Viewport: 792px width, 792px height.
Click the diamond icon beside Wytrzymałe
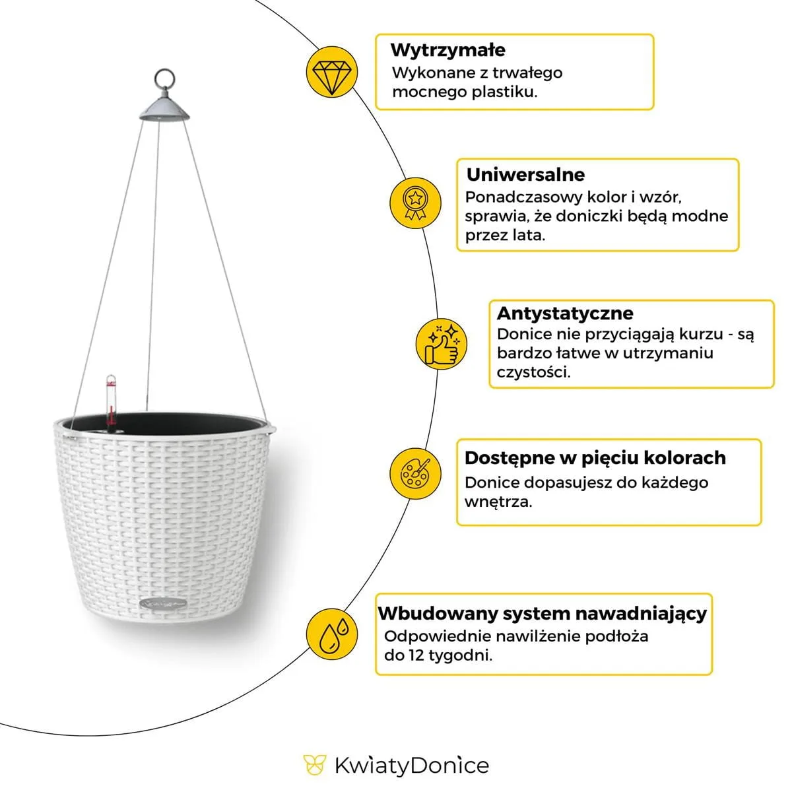(x=332, y=71)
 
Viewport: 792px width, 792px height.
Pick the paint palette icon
(x=415, y=473)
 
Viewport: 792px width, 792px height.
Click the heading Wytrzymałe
(x=447, y=50)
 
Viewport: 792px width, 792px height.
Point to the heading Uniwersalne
(x=525, y=175)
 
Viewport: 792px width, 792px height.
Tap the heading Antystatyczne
(x=564, y=313)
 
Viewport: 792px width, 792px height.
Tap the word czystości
(x=533, y=372)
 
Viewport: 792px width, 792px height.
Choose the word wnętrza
(x=498, y=502)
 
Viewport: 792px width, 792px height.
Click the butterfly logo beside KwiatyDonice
(x=315, y=765)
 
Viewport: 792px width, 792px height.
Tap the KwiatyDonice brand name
(x=411, y=766)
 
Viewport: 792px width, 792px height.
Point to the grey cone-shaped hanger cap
(x=164, y=108)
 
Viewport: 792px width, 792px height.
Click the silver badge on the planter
(x=163, y=603)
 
